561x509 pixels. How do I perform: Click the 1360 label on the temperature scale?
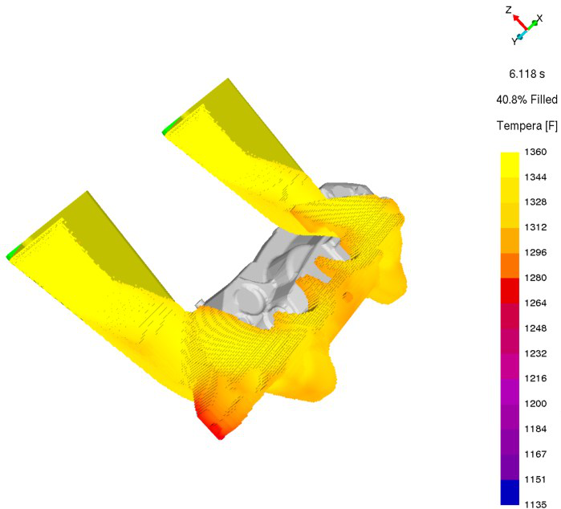pyautogui.click(x=535, y=152)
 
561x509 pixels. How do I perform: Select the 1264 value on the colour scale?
pyautogui.click(x=535, y=303)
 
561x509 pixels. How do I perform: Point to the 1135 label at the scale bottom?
pyautogui.click(x=535, y=504)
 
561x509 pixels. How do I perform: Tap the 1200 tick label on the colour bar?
pyautogui.click(x=535, y=403)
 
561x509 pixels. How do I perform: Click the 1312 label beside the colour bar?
pyautogui.click(x=535, y=227)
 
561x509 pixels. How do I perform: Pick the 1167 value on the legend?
pyautogui.click(x=535, y=454)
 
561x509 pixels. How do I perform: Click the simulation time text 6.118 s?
pyautogui.click(x=526, y=74)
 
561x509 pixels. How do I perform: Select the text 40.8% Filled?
pyautogui.click(x=526, y=100)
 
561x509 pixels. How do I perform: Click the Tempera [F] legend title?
pyautogui.click(x=527, y=125)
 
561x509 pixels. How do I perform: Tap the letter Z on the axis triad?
pyautogui.click(x=509, y=10)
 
